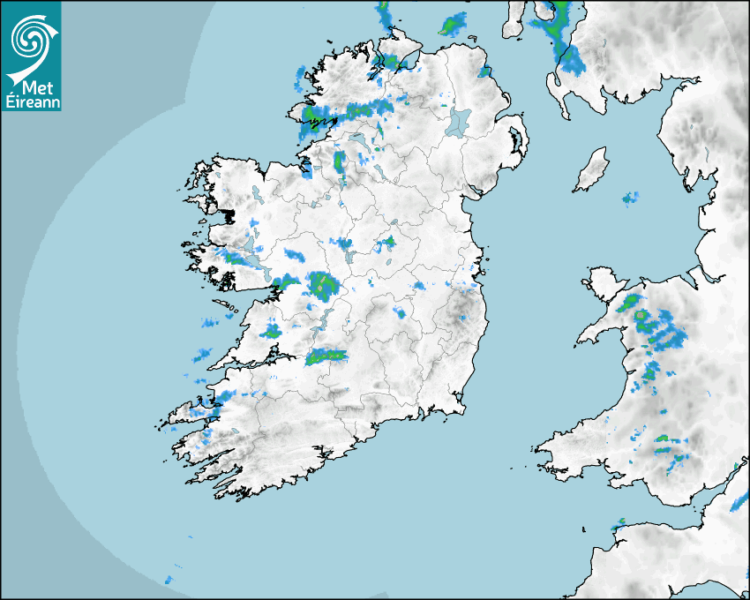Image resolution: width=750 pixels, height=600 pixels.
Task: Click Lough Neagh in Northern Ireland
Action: [x=460, y=121]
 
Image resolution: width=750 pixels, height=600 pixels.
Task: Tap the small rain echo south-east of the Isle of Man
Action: [x=629, y=198]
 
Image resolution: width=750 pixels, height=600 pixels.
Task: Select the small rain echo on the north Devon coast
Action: [x=619, y=523]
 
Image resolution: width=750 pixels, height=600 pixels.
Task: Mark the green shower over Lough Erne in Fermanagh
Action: [x=339, y=161]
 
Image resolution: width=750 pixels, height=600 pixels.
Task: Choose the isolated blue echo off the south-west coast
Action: [x=168, y=580]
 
